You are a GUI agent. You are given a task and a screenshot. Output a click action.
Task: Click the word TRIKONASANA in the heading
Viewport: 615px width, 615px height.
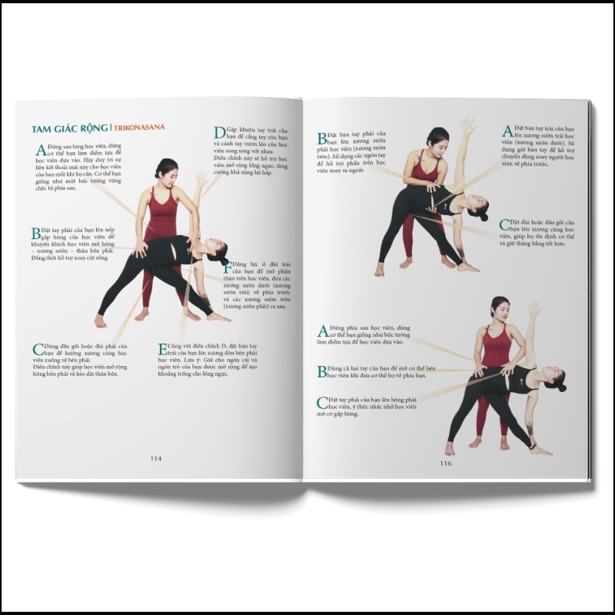(x=140, y=128)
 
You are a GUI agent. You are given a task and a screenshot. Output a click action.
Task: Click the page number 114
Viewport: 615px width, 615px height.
(x=156, y=458)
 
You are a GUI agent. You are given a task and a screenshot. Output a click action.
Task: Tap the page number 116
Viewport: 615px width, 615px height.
(x=445, y=463)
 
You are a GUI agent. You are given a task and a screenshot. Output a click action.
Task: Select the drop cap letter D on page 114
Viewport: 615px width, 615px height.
(x=220, y=133)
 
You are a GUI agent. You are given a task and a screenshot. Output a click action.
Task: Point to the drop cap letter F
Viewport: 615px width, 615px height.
(x=226, y=268)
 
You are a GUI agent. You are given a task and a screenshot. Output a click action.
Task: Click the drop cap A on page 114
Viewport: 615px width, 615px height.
(x=40, y=150)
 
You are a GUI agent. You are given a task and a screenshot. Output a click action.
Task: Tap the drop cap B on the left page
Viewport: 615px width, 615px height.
(x=35, y=234)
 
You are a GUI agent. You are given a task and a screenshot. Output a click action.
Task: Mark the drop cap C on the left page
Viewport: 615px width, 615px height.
(x=38, y=350)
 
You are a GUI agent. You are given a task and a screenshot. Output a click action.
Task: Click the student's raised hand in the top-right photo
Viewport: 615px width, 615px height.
(x=467, y=125)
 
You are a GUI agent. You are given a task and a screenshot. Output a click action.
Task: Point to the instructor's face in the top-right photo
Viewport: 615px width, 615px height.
(x=438, y=141)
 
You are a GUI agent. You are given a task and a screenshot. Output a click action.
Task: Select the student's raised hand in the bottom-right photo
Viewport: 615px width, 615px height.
(x=533, y=309)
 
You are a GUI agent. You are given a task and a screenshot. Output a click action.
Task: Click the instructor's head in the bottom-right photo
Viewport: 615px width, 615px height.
(x=500, y=307)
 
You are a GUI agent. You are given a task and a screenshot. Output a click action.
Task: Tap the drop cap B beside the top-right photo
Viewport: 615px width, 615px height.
(x=323, y=139)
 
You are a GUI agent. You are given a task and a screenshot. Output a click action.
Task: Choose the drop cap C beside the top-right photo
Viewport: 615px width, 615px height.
(x=504, y=225)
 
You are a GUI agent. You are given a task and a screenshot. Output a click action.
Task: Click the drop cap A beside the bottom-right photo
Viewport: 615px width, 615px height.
(x=323, y=331)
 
